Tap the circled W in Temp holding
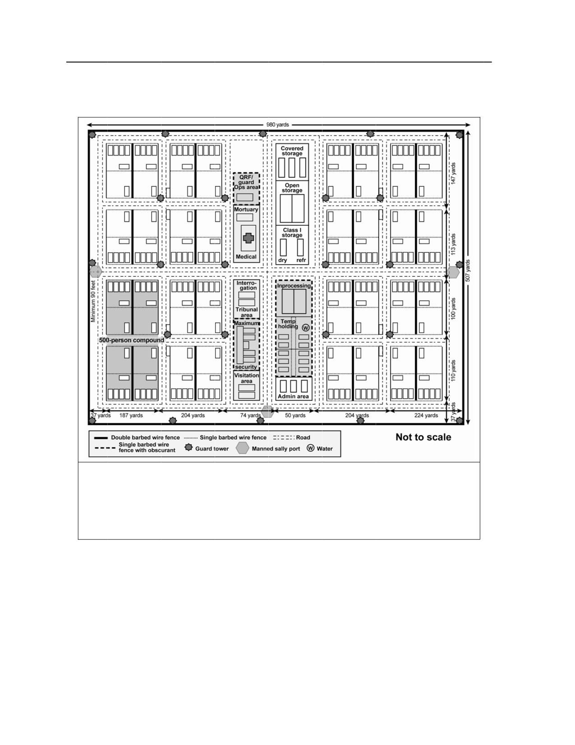tap(306, 328)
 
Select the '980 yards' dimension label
tap(278, 125)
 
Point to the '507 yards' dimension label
tap(468, 271)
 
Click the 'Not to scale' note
tap(423, 437)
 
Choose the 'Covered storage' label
tap(292, 151)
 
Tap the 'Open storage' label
tap(292, 188)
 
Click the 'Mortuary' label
tap(246, 210)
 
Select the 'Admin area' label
tap(293, 396)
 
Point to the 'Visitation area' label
tap(247, 378)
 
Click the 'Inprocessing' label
tap(294, 286)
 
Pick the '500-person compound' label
tap(132, 340)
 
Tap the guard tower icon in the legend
tap(189, 447)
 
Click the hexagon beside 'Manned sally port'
tap(243, 448)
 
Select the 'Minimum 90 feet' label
tap(93, 302)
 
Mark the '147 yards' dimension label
tap(453, 173)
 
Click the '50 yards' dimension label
tap(295, 415)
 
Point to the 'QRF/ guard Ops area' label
tap(247, 182)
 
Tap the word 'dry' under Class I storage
tap(282, 260)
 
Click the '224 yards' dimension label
tap(426, 415)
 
